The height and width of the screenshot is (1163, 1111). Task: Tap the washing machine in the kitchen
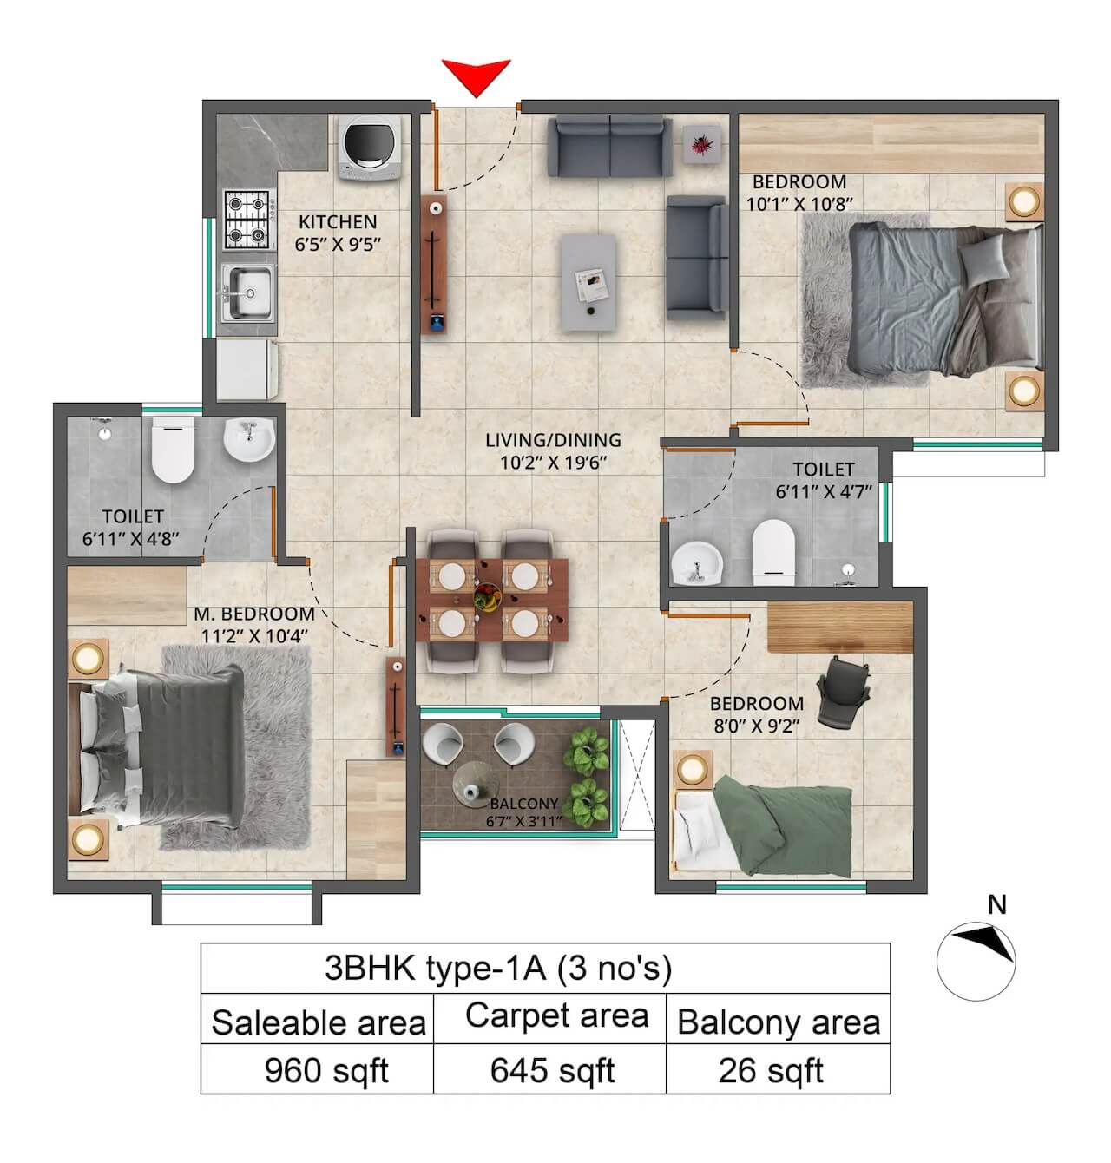[x=371, y=149]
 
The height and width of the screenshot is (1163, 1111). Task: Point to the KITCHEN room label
[x=338, y=222]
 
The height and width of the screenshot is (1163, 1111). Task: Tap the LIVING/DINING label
[x=553, y=440]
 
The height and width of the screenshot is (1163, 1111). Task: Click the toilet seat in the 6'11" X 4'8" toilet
[x=173, y=450]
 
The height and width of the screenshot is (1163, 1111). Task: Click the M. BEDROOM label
[x=253, y=614]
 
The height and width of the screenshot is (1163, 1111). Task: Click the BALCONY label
[x=523, y=804]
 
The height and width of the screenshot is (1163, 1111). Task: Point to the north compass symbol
[x=977, y=957]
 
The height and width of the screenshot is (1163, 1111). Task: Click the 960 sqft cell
[x=325, y=1071]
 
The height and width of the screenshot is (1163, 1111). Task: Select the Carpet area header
[x=556, y=1015]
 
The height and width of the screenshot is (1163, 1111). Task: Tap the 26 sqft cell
[x=771, y=1071]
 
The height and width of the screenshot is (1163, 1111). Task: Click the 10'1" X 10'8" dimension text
[x=799, y=204]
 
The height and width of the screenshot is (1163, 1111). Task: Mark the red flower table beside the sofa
[x=700, y=143]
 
